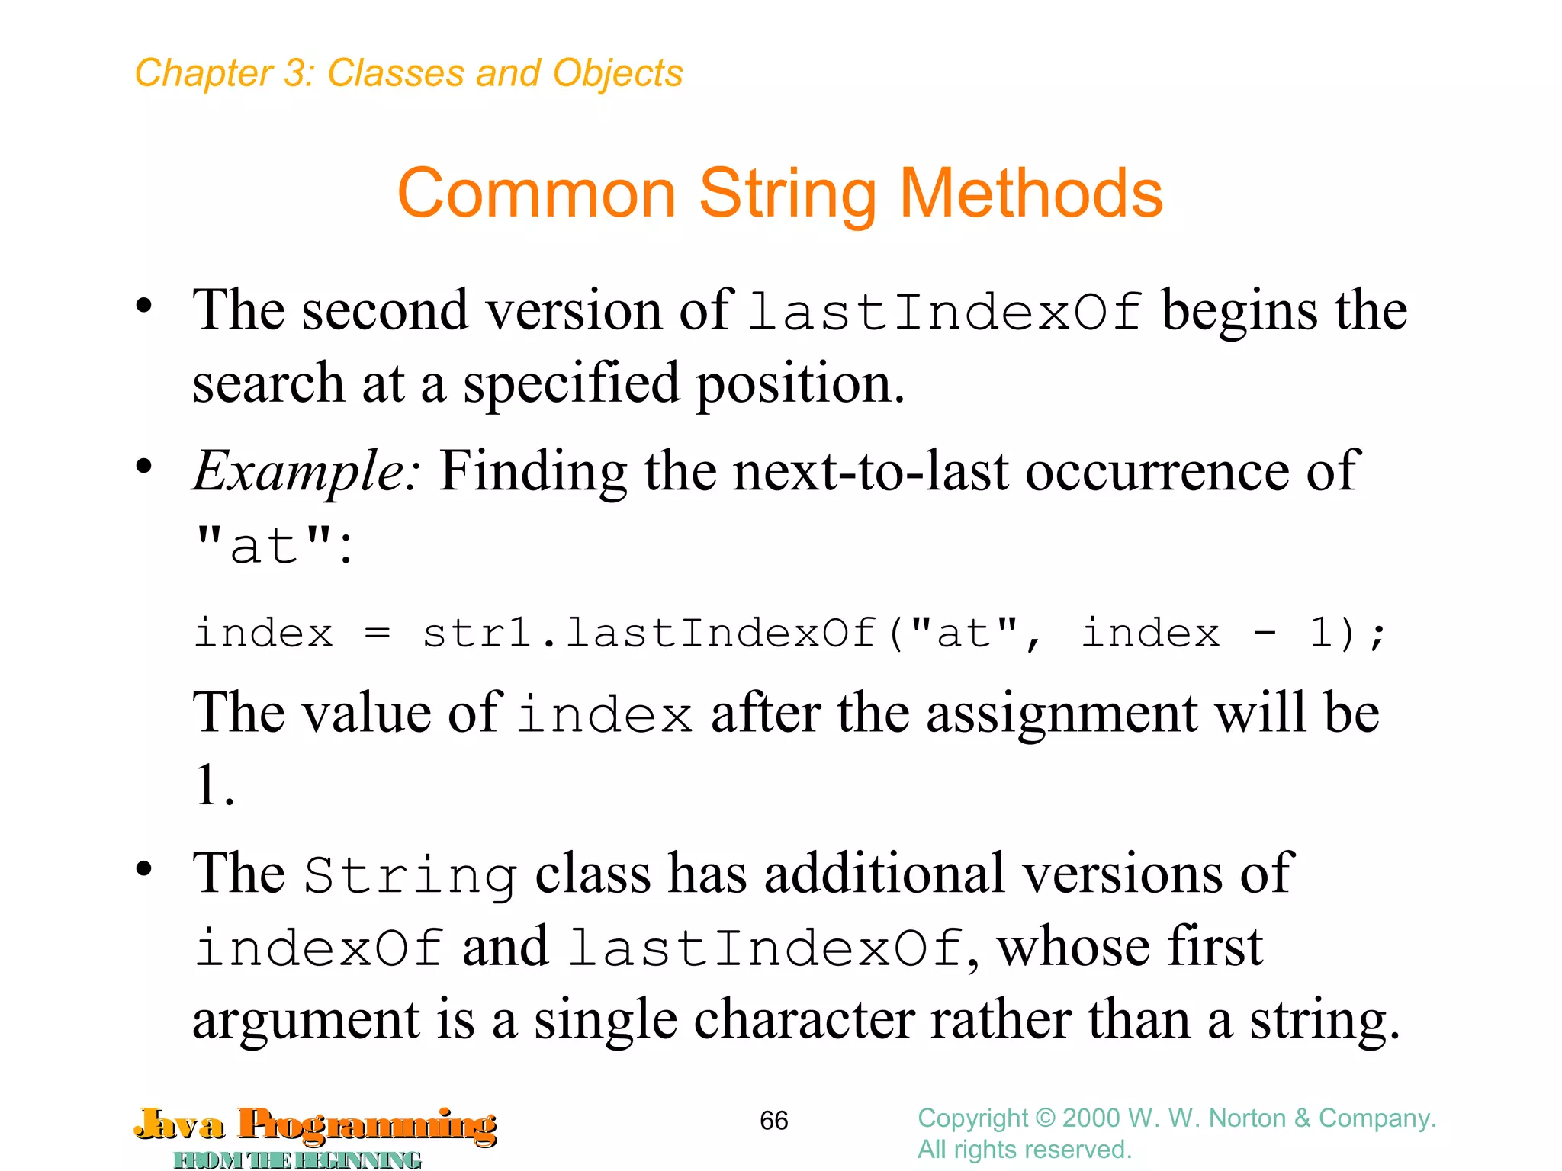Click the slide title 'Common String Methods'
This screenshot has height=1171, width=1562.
click(x=779, y=194)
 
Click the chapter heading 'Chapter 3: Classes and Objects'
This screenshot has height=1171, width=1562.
click(x=409, y=74)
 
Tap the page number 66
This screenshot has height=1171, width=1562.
click(x=773, y=1121)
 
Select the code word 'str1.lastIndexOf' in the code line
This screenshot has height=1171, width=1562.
click(x=648, y=634)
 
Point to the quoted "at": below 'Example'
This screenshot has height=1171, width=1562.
click(x=274, y=546)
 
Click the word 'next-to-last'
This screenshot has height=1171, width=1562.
click(x=870, y=471)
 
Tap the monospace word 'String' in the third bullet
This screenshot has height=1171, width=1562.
click(x=410, y=875)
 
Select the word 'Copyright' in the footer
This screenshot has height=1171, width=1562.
click(x=972, y=1118)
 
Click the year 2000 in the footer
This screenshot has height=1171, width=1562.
click(x=1091, y=1118)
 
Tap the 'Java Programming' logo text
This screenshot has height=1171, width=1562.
click(x=316, y=1125)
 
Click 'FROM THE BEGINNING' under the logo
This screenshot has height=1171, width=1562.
click(x=297, y=1160)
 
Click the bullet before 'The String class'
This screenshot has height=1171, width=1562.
click(x=143, y=869)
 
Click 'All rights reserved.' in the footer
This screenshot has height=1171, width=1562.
click(x=1024, y=1150)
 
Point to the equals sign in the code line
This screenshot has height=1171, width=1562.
click(x=378, y=634)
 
